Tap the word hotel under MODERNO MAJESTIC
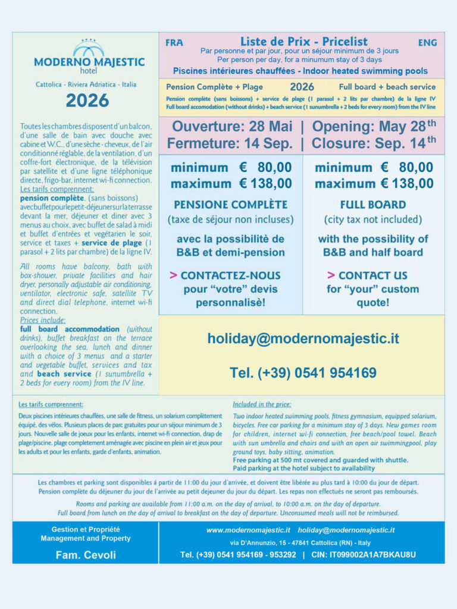[x=89, y=71]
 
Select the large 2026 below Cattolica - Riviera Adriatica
[x=87, y=100]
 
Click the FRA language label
[x=174, y=43]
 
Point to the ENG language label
[x=427, y=43]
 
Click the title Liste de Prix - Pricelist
[x=303, y=42]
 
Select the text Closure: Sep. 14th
[x=374, y=143]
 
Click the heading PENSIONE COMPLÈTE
[x=230, y=205]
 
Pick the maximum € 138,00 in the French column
[x=231, y=184]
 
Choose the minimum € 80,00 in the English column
[x=374, y=168]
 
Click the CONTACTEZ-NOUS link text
[x=230, y=275]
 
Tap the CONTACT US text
[x=373, y=275]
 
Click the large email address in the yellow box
[x=303, y=338]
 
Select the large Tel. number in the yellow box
[x=303, y=373]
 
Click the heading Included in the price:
[x=262, y=404]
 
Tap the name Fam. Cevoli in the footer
[x=85, y=555]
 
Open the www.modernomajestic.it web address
[x=248, y=529]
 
